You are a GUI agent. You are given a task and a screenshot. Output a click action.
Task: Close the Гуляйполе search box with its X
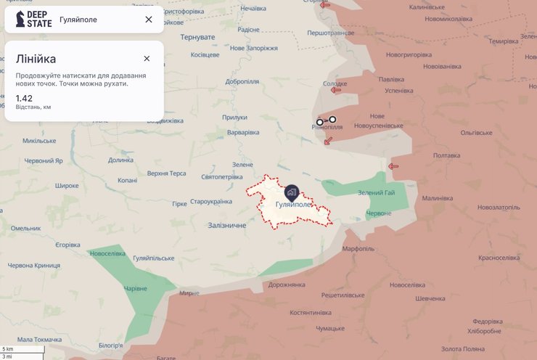pyautogui.click(x=149, y=20)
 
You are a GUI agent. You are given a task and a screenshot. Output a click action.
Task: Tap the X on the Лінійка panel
pyautogui.click(x=147, y=59)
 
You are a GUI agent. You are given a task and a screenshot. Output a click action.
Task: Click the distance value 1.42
pyautogui.click(x=23, y=97)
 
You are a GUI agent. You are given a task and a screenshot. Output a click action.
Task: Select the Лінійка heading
pyautogui.click(x=36, y=59)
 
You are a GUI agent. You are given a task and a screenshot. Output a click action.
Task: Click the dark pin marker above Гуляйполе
pyautogui.click(x=291, y=192)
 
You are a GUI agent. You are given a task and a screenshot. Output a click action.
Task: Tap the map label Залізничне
pyautogui.click(x=226, y=226)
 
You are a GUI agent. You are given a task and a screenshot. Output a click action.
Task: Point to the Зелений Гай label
pyautogui.click(x=376, y=192)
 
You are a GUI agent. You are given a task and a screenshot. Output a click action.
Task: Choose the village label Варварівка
pyautogui.click(x=242, y=133)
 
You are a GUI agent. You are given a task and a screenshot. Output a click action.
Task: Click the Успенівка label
pyautogui.click(x=398, y=91)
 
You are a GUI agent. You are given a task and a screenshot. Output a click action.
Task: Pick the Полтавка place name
pyautogui.click(x=446, y=155)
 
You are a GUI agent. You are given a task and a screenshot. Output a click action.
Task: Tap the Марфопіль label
pyautogui.click(x=358, y=249)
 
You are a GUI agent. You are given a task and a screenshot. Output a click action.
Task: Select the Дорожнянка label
pyautogui.click(x=287, y=285)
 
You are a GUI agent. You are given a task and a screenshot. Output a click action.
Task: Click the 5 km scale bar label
pyautogui.click(x=8, y=350)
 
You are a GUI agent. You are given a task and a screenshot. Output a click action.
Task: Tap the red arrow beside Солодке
pyautogui.click(x=335, y=90)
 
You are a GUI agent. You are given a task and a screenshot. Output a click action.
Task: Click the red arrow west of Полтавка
pyautogui.click(x=393, y=167)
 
